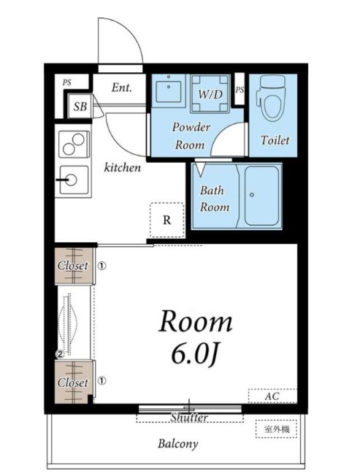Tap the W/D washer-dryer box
pyautogui.click(x=210, y=93)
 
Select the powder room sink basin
pyautogui.click(x=169, y=91)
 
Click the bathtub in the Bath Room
pyautogui.click(x=261, y=196)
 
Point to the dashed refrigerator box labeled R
pyautogui.click(x=167, y=220)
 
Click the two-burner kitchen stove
pyautogui.click(x=74, y=144)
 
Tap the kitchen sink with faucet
pyautogui.click(x=74, y=180)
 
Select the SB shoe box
pyautogui.click(x=80, y=107)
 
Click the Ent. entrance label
pyautogui.click(x=121, y=88)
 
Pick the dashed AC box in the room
pyautogui.click(x=272, y=396)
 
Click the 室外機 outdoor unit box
pyautogui.click(x=276, y=429)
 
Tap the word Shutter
pyautogui.click(x=189, y=418)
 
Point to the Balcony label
pyautogui.click(x=178, y=444)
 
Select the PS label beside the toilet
pyautogui.click(x=240, y=90)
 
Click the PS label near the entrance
pyautogui.click(x=67, y=82)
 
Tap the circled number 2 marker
pyautogui.click(x=60, y=354)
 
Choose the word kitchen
pyautogui.click(x=123, y=167)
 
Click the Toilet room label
pyautogui.click(x=275, y=140)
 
